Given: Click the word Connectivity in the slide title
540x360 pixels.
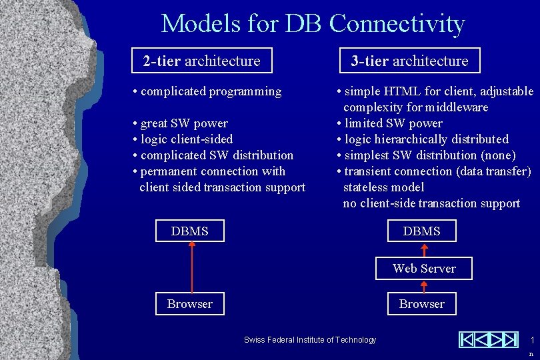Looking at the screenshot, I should [397, 24].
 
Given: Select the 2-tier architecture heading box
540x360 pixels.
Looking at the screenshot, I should [201, 61].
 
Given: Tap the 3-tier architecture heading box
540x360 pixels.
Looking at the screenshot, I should [409, 61].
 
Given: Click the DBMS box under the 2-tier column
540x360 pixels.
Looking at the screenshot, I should [190, 231].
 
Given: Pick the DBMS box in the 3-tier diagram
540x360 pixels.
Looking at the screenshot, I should [421, 231].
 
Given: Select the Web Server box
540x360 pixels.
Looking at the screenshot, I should [424, 269].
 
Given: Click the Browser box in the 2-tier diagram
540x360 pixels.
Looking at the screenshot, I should [190, 304].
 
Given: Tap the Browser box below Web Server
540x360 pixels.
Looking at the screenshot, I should [421, 304].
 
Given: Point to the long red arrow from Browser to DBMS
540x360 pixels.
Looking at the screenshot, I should [192, 267].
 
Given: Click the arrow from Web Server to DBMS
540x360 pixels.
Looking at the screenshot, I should [424, 250].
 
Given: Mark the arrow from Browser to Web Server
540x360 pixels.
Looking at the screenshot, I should [423, 286].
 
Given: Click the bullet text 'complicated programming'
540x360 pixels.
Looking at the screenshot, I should [211, 91].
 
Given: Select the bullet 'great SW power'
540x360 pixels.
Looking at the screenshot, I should [183, 123].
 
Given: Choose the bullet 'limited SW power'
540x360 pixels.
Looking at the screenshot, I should [393, 123].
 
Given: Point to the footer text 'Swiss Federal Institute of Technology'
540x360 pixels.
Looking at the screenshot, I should [310, 340].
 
